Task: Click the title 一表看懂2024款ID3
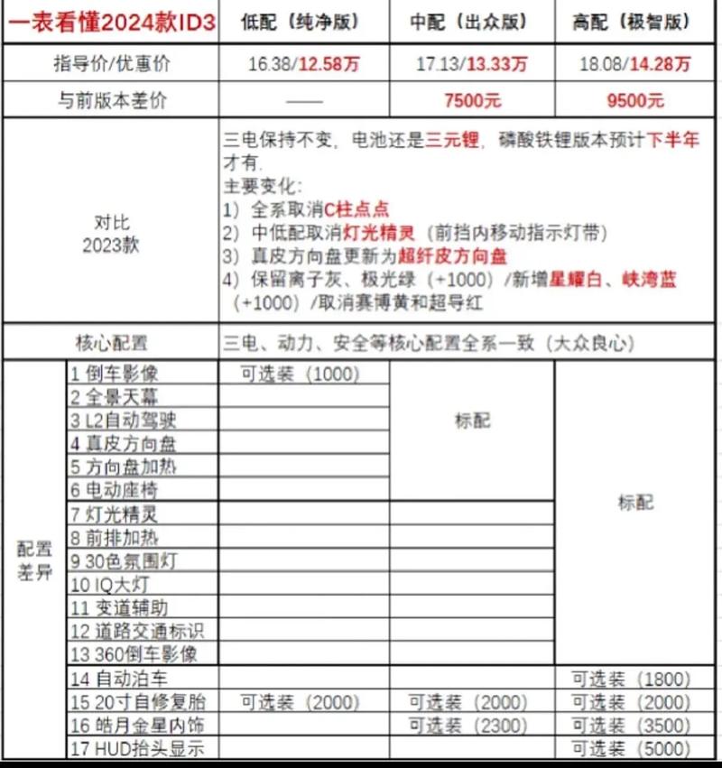(110, 23)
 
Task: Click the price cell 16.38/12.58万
(304, 64)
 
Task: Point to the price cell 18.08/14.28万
(637, 64)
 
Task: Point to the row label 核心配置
(110, 344)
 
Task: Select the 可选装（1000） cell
(300, 374)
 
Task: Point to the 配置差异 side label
(34, 561)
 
